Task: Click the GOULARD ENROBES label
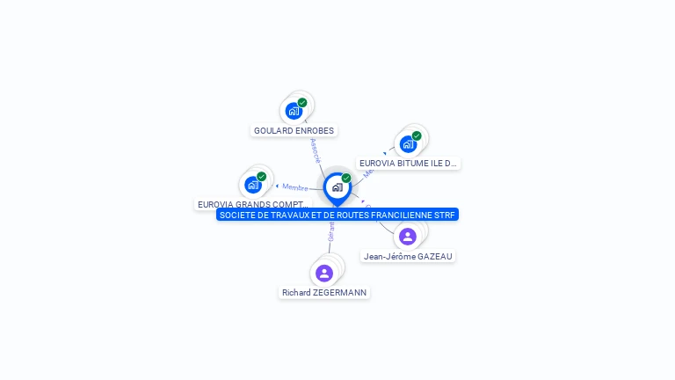click(294, 131)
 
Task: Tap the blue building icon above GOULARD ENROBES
click(294, 112)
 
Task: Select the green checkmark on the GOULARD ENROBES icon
click(302, 103)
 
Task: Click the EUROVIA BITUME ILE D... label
click(408, 164)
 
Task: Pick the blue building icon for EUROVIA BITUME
click(408, 144)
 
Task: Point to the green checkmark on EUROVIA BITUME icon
click(417, 135)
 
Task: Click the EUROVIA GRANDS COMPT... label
click(253, 204)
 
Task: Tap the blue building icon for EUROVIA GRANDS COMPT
click(253, 185)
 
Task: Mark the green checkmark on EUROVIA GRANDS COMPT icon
click(262, 176)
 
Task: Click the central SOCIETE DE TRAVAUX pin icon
click(337, 187)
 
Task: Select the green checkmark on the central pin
click(346, 178)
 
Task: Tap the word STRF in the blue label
click(447, 215)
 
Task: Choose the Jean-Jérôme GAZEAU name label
click(409, 256)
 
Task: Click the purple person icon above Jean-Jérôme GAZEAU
click(408, 237)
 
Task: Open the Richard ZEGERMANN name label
click(324, 292)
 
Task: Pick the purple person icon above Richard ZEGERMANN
click(323, 273)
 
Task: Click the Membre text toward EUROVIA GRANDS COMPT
click(295, 187)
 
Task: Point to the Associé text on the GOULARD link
click(316, 150)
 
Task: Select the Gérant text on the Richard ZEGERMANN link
click(331, 231)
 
